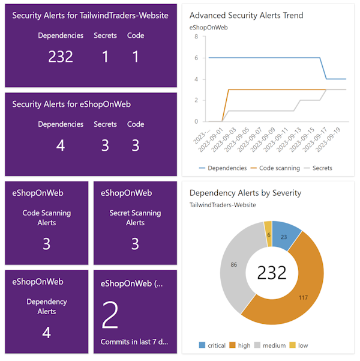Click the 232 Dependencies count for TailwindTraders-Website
pyautogui.click(x=61, y=56)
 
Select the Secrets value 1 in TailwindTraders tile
pyautogui.click(x=105, y=56)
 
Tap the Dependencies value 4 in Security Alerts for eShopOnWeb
pyautogui.click(x=61, y=145)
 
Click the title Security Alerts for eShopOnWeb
pyautogui.click(x=71, y=104)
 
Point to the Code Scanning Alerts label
pyautogui.click(x=47, y=217)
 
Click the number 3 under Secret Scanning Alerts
pyautogui.click(x=135, y=243)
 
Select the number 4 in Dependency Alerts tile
pyautogui.click(x=47, y=332)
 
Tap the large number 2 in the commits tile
pyautogui.click(x=110, y=316)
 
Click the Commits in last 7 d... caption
pyautogui.click(x=134, y=342)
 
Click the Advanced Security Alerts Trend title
pyautogui.click(x=246, y=16)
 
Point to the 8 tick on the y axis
pyautogui.click(x=196, y=37)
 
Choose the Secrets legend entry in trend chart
pyautogui.click(x=317, y=168)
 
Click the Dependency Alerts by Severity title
pyautogui.click(x=245, y=193)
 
